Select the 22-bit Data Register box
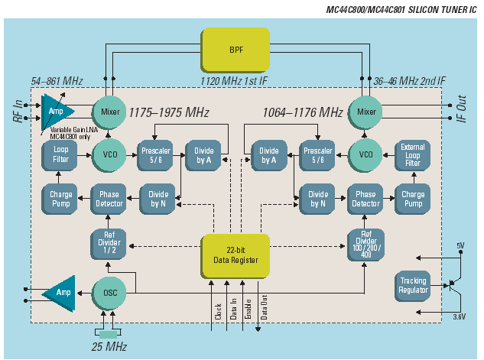point(236,255)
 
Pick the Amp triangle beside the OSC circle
point(58,293)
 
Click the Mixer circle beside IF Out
point(365,112)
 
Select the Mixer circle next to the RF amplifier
point(110,112)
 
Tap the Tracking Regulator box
point(413,286)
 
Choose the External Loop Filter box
point(413,155)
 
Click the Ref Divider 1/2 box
point(109,243)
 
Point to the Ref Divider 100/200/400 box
point(365,243)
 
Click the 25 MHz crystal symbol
point(108,333)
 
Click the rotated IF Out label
point(462,112)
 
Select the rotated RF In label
point(18,111)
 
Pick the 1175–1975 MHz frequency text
point(168,112)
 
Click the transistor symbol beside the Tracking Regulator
point(454,284)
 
